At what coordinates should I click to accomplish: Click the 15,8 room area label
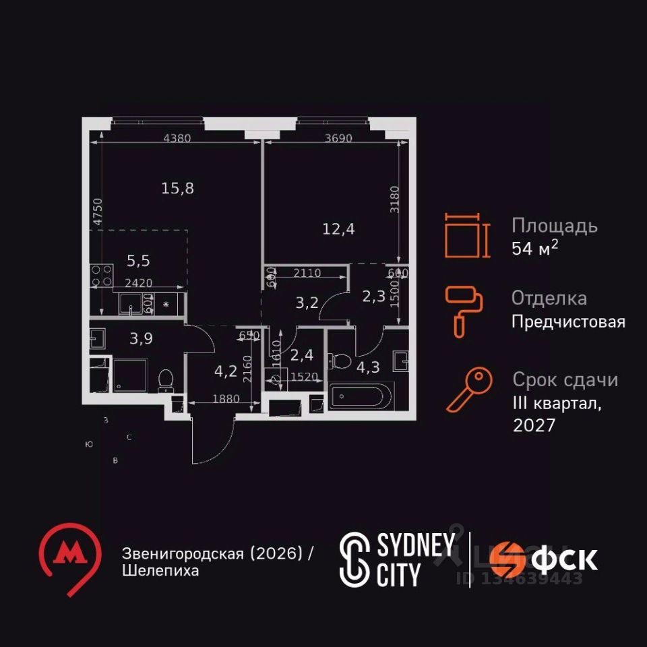(x=178, y=188)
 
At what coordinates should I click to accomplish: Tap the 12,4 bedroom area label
(x=338, y=228)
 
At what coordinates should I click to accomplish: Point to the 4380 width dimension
(x=178, y=139)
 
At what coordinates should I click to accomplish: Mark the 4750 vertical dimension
(x=98, y=212)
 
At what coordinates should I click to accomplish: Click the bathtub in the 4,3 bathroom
(x=361, y=396)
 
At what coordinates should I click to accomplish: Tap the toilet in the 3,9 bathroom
(x=165, y=381)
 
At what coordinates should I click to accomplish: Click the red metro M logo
(x=67, y=557)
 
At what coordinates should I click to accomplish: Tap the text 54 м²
(x=535, y=248)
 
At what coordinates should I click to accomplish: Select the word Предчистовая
(x=568, y=321)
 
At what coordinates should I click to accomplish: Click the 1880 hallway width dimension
(x=226, y=398)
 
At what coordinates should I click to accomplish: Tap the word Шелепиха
(x=160, y=572)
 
